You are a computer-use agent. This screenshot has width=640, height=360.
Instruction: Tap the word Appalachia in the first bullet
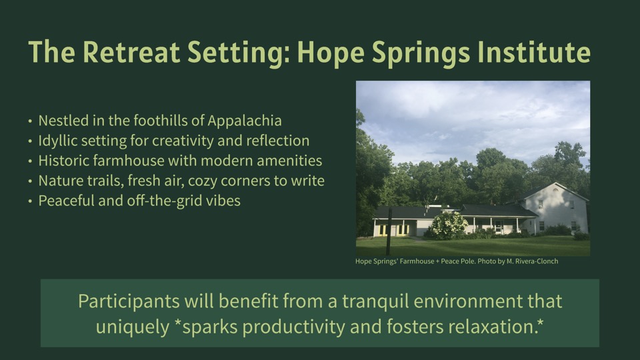tap(245, 121)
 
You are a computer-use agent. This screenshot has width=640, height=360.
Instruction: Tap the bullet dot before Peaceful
tap(30, 201)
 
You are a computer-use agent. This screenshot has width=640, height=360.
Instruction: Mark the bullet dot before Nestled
tap(30, 121)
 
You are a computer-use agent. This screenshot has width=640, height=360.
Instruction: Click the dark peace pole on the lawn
tap(389, 231)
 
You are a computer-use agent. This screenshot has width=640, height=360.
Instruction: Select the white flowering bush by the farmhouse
tap(447, 225)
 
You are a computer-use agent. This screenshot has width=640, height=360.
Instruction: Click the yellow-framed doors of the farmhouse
tap(392, 230)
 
